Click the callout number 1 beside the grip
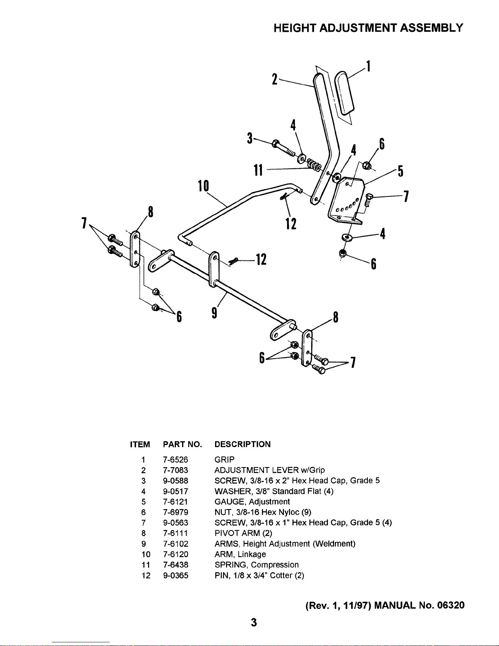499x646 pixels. (369, 66)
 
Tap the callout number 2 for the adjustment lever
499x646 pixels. (275, 79)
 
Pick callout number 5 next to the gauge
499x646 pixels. (400, 171)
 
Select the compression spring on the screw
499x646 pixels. (314, 165)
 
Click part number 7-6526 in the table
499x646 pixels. (175, 460)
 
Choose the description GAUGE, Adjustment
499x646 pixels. (252, 502)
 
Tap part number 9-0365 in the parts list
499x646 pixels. (176, 575)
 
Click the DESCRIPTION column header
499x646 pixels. (242, 444)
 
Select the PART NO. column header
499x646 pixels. (182, 444)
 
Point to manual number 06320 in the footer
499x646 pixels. (451, 605)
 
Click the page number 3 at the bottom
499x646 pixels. (254, 622)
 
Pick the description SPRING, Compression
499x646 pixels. (257, 564)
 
